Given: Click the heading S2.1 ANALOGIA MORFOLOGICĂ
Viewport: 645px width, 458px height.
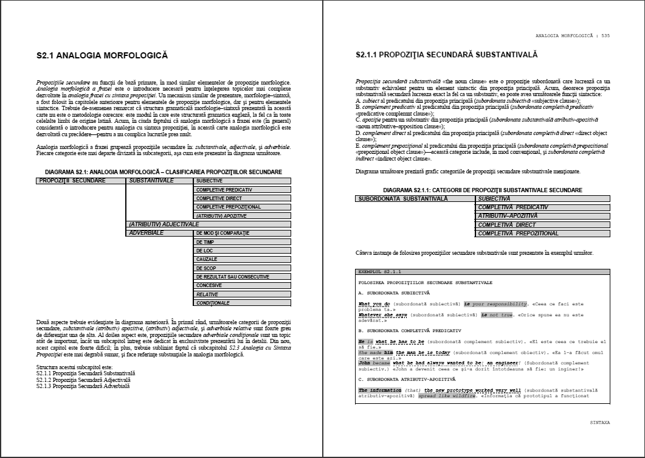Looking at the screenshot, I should point(102,56).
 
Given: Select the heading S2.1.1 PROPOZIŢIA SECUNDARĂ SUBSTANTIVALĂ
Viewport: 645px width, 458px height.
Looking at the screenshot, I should point(446,55).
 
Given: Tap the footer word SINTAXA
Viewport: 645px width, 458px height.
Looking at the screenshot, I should point(599,422).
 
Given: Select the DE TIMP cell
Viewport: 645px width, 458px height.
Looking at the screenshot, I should point(243,242).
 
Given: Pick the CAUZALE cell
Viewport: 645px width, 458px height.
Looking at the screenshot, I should point(243,259).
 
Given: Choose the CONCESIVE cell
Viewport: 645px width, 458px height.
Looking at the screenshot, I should point(243,285).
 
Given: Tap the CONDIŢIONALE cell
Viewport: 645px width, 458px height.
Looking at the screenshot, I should point(243,303).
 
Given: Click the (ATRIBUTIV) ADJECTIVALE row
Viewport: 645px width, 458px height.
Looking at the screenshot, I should point(208,224).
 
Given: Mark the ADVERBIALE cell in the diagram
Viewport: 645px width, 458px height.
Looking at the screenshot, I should point(159,233).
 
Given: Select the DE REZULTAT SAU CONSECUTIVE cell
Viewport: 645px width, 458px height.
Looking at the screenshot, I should point(243,277).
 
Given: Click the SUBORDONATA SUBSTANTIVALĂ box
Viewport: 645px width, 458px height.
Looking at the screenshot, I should point(415,199).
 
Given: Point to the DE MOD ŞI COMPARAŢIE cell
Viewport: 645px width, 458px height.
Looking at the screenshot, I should point(243,233).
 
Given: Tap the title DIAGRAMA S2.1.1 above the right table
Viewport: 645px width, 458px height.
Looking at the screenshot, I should point(482,190).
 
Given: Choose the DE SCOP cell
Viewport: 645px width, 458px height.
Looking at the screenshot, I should point(243,268).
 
